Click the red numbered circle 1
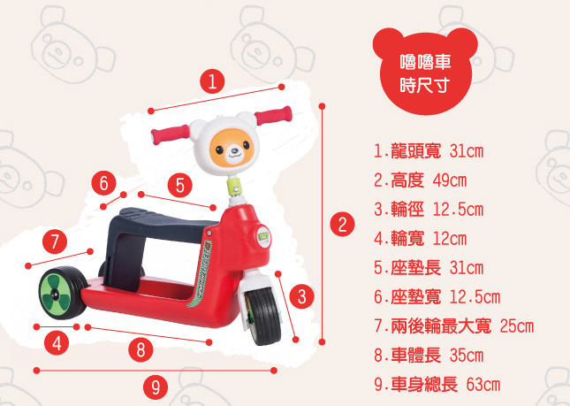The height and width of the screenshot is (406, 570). click(212, 81)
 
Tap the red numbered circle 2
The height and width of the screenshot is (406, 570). click(342, 225)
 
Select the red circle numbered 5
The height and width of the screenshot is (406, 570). click(180, 185)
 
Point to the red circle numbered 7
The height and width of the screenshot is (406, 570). click(55, 241)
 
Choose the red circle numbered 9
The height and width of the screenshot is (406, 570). click(156, 387)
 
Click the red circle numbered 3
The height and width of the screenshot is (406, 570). click(301, 296)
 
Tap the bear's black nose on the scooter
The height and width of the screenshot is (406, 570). click(234, 150)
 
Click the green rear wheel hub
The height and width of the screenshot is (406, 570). click(56, 293)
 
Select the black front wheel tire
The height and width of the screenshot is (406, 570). click(264, 316)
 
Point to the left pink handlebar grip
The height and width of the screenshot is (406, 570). click(171, 134)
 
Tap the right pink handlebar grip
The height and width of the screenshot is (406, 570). click(273, 115)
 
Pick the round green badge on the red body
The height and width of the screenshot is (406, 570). click(262, 236)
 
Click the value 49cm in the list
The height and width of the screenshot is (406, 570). click(450, 180)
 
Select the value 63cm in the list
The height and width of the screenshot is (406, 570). click(483, 385)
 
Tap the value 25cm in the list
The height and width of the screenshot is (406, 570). click(517, 326)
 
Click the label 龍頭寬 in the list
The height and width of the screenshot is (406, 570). click(416, 151)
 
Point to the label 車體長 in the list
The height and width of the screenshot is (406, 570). click(416, 355)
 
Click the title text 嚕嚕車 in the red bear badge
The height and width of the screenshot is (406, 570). click(425, 62)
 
